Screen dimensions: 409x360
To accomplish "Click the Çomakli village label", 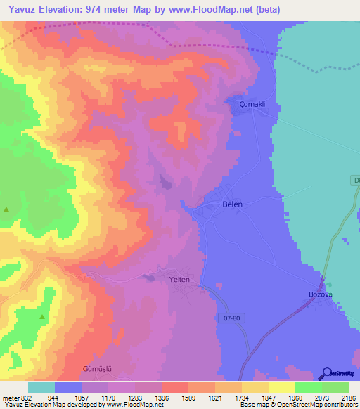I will click(252, 104).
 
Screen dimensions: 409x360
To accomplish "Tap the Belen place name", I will click(232, 204).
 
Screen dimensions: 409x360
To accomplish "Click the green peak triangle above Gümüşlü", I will click(41, 318).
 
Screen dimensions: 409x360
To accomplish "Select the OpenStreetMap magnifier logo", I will click(327, 373).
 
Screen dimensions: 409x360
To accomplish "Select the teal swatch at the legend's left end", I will click(41, 387).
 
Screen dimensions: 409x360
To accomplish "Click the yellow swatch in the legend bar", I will click(281, 387).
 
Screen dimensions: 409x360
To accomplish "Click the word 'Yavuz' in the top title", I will click(18, 9).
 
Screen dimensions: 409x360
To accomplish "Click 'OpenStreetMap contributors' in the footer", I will click(320, 405).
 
